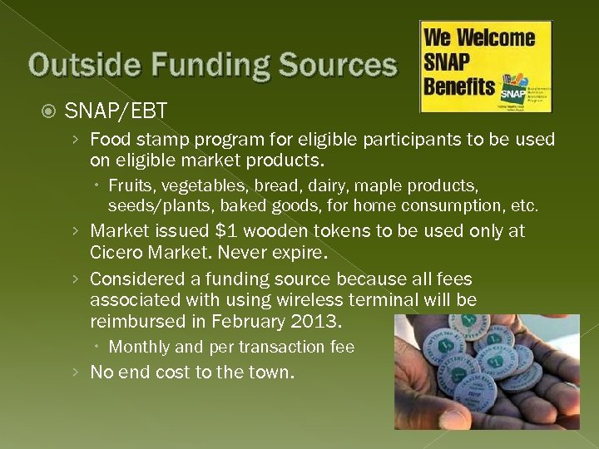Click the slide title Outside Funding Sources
213,65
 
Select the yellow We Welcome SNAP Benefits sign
485,67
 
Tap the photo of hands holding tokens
486,371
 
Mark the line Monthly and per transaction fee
231,347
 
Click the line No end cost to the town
191,373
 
